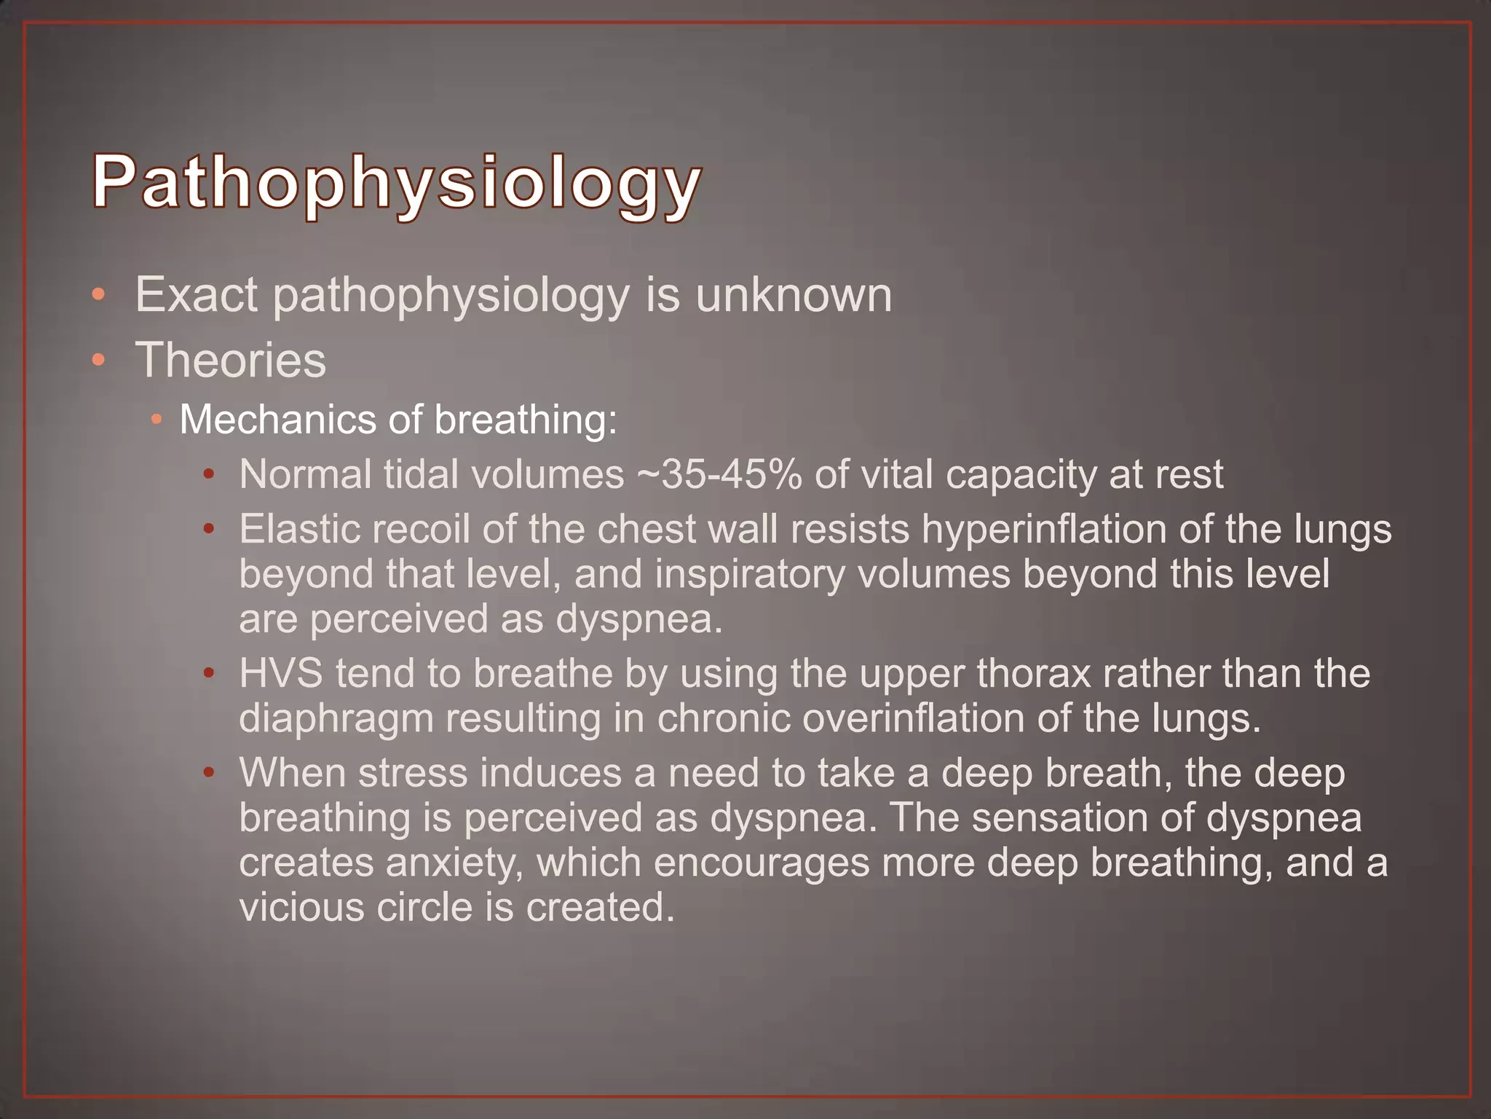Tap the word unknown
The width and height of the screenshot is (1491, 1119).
pos(794,295)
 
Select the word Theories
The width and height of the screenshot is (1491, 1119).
pos(231,360)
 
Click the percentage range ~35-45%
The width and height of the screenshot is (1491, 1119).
pos(719,474)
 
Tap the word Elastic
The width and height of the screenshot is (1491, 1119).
pos(300,529)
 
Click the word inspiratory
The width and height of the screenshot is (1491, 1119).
pos(750,576)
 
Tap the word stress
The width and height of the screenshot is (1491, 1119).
pos(413,773)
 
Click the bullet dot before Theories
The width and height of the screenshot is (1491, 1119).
pos(98,360)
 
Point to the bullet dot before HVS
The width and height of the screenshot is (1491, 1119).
pos(209,673)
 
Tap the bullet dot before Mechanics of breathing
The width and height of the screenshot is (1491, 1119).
pos(157,420)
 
